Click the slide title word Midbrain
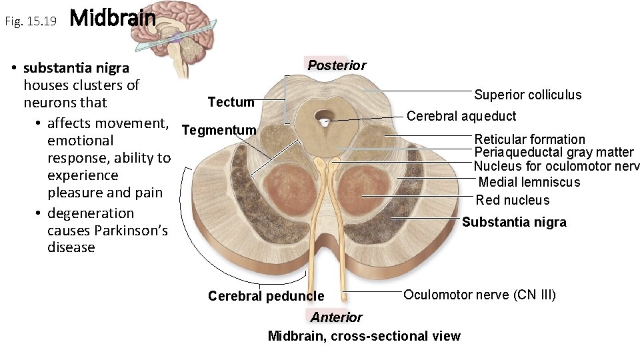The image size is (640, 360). coord(112,19)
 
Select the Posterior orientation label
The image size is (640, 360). coord(337,65)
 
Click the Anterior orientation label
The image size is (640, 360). coord(336,317)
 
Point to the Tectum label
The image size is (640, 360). coord(231,102)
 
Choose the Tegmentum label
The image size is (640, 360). coord(219,130)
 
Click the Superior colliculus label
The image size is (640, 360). coord(527,95)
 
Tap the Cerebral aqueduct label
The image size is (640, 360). coord(461,116)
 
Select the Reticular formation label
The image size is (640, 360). coord(529,139)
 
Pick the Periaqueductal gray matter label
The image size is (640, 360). coord(553,153)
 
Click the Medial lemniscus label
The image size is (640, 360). coord(529,182)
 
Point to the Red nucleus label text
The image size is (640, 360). coord(513,200)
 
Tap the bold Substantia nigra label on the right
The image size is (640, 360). coord(514,223)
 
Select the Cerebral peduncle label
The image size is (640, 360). coord(266,296)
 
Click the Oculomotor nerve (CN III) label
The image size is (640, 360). coord(479,295)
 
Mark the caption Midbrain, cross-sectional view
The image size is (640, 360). coord(363,336)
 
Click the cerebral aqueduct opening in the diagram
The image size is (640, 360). coord(325,120)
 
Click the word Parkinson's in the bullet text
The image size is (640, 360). coord(131,231)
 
